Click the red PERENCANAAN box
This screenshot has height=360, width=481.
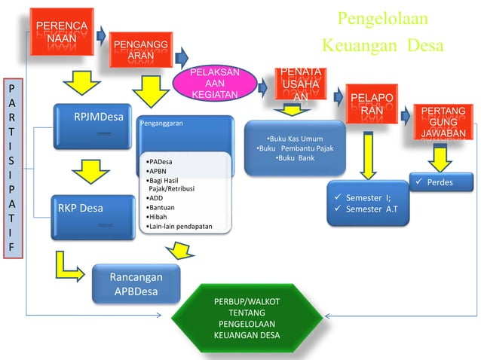click(62, 31)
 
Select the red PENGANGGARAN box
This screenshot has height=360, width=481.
click(136, 50)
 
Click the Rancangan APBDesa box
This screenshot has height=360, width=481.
click(136, 283)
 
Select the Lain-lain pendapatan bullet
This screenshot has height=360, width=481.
click(179, 226)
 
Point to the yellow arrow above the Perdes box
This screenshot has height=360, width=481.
click(440, 157)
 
